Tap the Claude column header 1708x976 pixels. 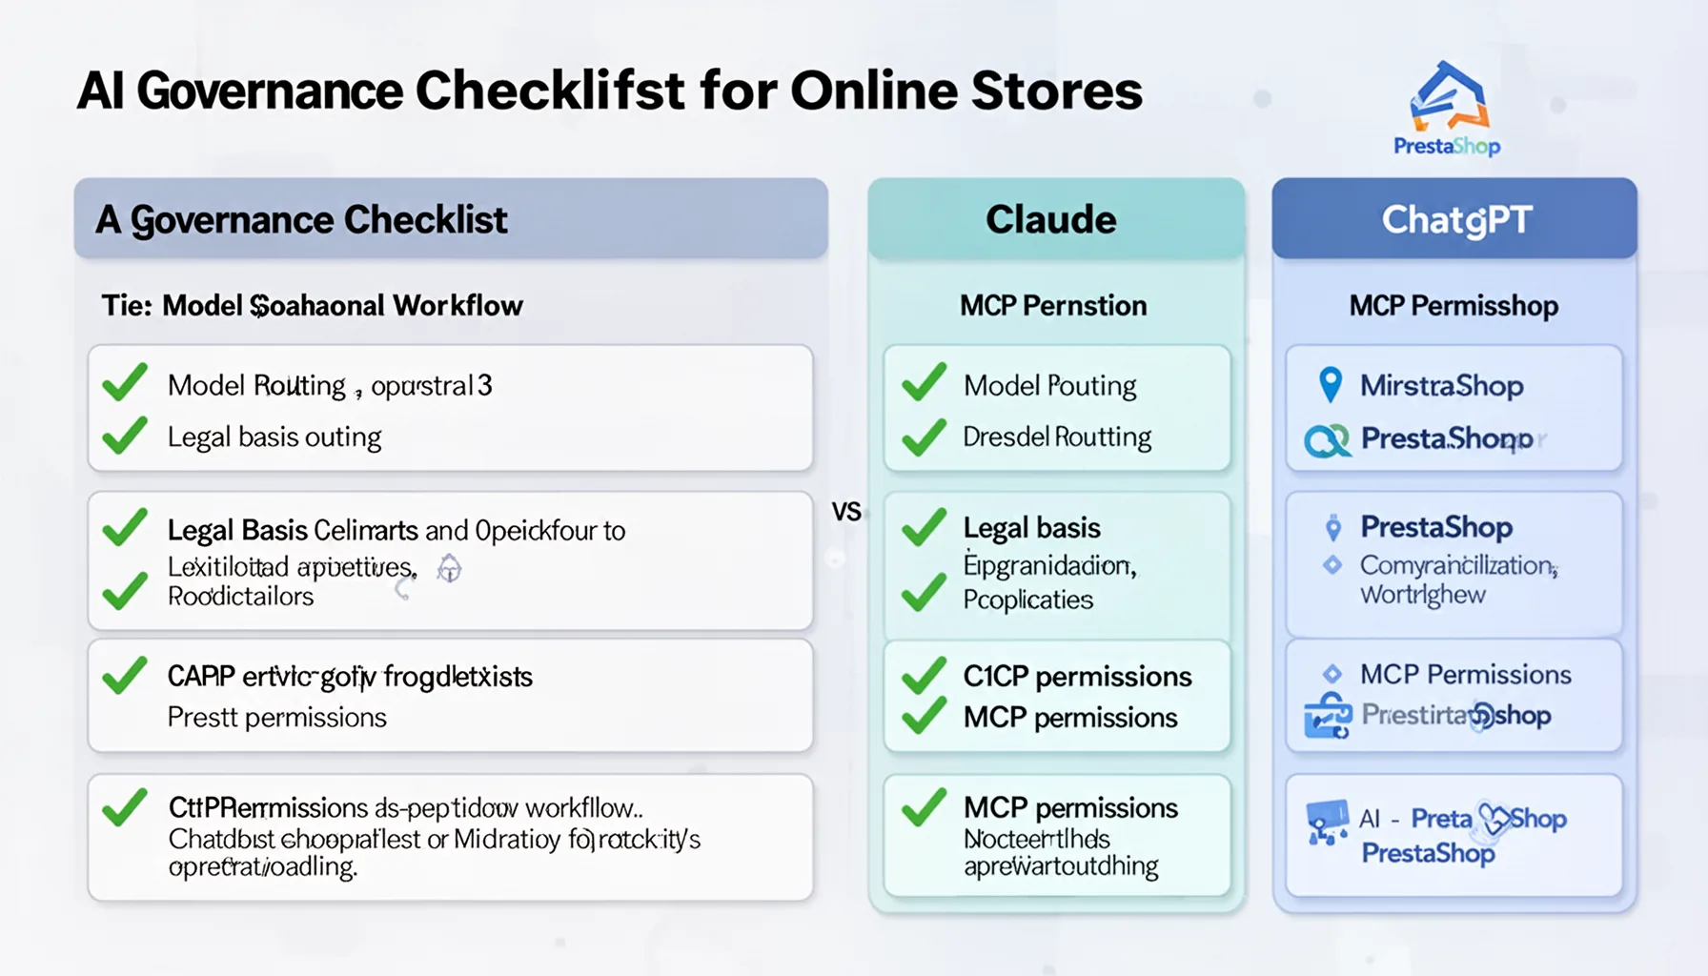1051,219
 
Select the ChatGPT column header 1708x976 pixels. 1455,219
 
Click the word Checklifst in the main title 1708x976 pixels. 550,91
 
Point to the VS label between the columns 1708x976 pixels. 846,512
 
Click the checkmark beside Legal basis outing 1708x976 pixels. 125,436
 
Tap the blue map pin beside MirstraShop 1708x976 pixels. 1330,384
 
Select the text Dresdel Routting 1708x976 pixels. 1057,437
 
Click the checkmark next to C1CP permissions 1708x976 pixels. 924,676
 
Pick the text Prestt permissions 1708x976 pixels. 277,717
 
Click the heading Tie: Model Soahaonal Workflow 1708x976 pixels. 313,306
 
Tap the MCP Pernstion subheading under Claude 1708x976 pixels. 1053,306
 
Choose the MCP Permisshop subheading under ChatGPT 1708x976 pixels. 1454,306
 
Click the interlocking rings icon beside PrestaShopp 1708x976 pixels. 1327,439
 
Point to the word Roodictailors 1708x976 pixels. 241,597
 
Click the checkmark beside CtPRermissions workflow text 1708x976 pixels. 125,807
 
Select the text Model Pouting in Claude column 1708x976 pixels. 1049,385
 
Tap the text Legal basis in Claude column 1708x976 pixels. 1031,527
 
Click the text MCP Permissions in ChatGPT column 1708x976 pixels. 1465,675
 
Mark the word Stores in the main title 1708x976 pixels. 1057,91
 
